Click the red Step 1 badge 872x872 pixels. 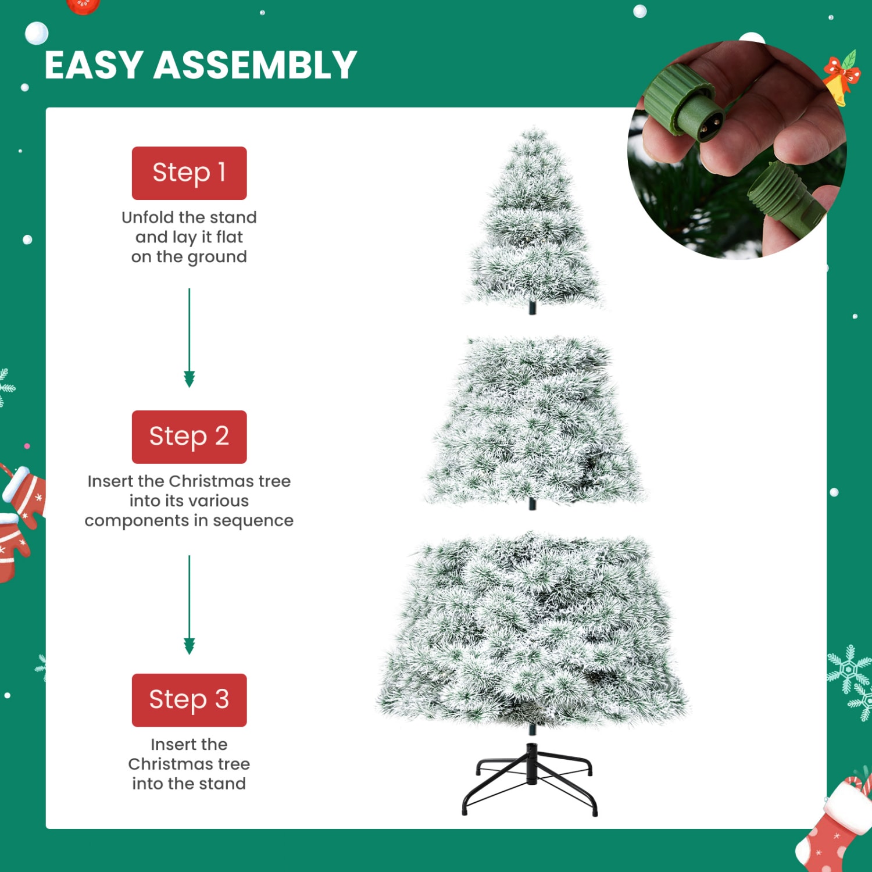[x=189, y=173]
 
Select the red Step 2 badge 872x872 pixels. [x=189, y=437]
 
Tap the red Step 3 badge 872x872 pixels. [x=189, y=700]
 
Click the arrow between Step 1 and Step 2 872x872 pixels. [x=189, y=337]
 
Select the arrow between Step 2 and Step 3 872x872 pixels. [x=189, y=605]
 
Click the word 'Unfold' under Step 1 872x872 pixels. [x=147, y=217]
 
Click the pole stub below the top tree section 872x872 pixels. [x=532, y=308]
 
